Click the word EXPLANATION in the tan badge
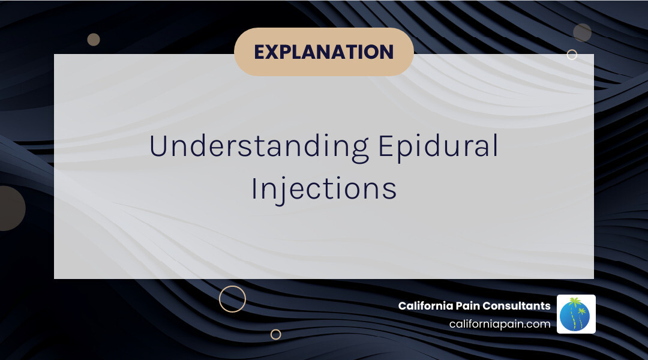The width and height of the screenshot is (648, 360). point(323,52)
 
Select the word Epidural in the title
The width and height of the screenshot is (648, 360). point(438,146)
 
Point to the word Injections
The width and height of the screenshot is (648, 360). point(323,188)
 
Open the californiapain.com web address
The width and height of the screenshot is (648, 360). point(499,324)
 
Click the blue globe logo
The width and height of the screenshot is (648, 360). point(575,315)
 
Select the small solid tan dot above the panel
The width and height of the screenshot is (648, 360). point(94,40)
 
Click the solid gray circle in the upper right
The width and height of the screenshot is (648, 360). point(582,32)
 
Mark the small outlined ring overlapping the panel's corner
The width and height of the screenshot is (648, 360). point(572,55)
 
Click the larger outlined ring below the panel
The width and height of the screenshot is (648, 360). point(232,299)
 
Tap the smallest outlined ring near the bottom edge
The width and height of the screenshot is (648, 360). point(275,334)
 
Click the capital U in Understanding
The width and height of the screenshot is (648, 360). point(158,146)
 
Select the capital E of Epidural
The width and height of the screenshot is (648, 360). point(385,146)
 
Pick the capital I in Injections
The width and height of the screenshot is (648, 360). point(254,188)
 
